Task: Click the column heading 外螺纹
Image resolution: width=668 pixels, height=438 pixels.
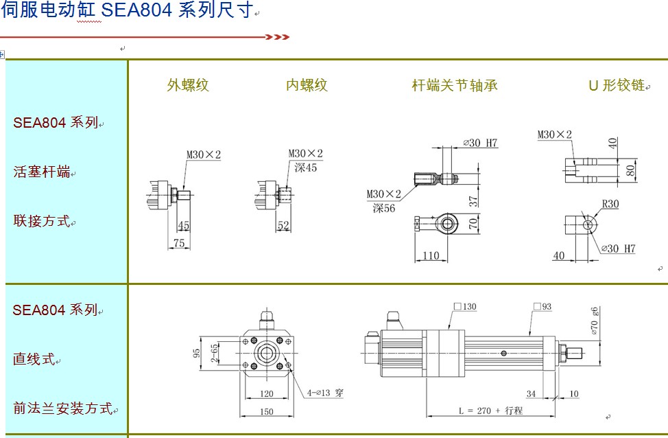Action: pyautogui.click(x=188, y=85)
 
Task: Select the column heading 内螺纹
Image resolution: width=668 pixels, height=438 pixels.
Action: pyautogui.click(x=307, y=85)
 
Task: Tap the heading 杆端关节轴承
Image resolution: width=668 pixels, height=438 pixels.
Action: pyautogui.click(x=454, y=85)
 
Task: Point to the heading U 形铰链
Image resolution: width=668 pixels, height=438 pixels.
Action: pyautogui.click(x=617, y=85)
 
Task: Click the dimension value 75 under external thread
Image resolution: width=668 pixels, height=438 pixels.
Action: pyautogui.click(x=178, y=243)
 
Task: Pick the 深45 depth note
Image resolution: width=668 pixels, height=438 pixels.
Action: pyautogui.click(x=306, y=167)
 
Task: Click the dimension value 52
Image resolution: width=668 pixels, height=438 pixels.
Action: pyautogui.click(x=283, y=226)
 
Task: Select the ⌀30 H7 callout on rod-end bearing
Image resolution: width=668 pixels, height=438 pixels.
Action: pyautogui.click(x=480, y=143)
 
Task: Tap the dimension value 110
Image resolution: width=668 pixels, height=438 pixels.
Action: pyautogui.click(x=430, y=255)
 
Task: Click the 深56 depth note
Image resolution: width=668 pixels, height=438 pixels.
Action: pyautogui.click(x=385, y=209)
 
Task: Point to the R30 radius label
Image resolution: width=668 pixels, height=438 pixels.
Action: pyautogui.click(x=610, y=204)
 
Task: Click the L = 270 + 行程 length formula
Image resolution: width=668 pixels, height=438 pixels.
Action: pyautogui.click(x=490, y=411)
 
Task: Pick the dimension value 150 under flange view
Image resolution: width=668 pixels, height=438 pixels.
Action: pyautogui.click(x=267, y=412)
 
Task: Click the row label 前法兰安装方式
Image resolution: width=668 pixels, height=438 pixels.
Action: pyautogui.click(x=62, y=408)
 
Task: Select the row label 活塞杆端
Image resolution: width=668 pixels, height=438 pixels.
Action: pyautogui.click(x=42, y=172)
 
